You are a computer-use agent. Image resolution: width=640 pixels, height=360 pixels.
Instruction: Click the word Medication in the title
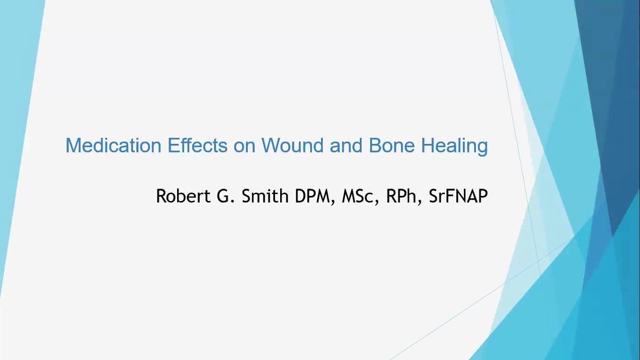coord(113,145)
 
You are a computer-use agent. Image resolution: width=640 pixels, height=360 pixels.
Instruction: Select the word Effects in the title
coord(197,145)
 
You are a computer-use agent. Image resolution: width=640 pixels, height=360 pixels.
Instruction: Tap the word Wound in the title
coord(292,145)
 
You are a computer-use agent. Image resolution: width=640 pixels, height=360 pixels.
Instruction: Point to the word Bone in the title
coord(392,145)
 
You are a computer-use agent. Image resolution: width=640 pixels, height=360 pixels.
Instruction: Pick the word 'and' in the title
coord(346,145)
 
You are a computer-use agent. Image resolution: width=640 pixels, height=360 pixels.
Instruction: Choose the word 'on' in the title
coord(245,148)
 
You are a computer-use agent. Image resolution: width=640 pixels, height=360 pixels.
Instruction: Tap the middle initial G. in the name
coord(226,196)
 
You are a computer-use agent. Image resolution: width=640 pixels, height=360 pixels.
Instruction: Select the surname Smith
coord(265,196)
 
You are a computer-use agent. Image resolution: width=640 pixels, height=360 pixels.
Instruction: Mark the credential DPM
coord(313,196)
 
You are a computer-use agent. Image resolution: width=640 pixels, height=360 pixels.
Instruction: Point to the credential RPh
coord(401,196)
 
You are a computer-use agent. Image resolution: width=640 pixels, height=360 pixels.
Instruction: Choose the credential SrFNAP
coord(458,196)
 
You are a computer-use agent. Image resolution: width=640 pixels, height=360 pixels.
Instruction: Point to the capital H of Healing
coord(428,145)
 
